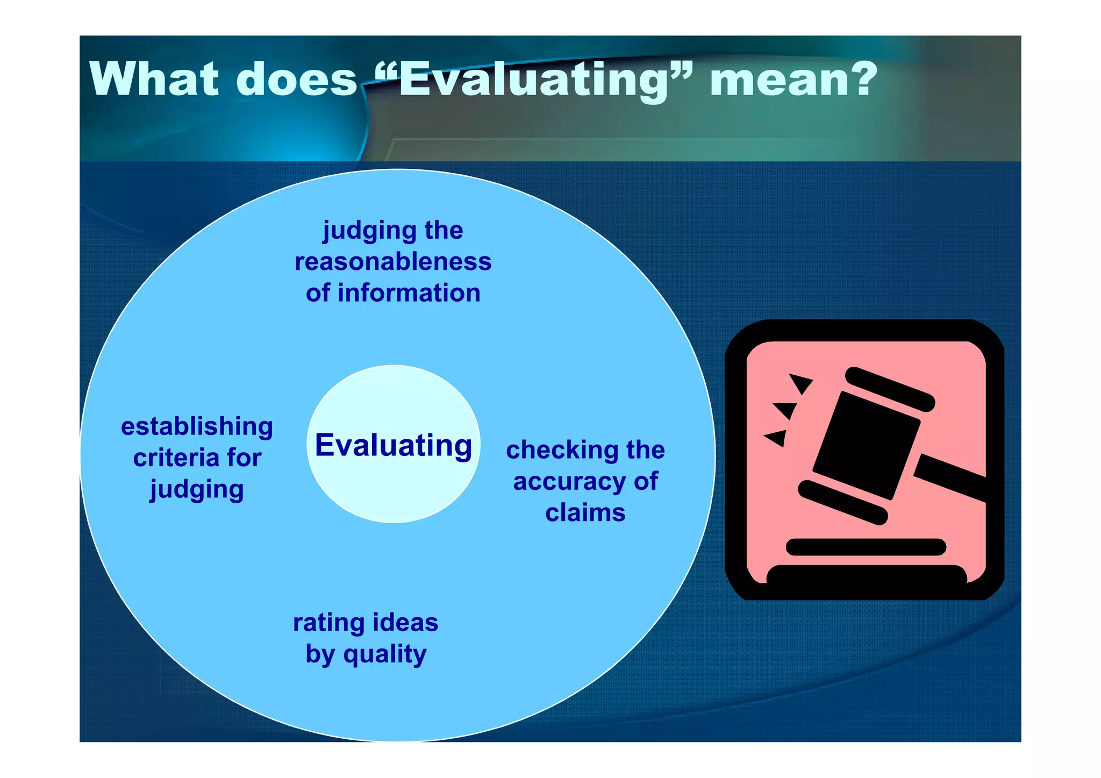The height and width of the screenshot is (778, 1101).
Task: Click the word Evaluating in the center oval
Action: [x=393, y=445]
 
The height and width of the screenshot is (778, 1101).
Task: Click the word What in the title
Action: [x=154, y=79]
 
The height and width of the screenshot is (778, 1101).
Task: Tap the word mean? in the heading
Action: [x=793, y=79]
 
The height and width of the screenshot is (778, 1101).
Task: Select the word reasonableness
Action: [x=393, y=262]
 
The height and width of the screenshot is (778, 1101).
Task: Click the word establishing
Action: [x=197, y=426]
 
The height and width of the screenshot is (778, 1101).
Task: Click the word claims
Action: [x=585, y=513]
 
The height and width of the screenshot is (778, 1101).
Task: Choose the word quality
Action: [x=385, y=654]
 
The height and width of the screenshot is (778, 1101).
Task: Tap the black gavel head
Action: [x=866, y=445]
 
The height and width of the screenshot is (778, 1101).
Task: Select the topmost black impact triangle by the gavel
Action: [x=799, y=382]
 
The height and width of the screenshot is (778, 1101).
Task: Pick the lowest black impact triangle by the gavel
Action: [x=777, y=438]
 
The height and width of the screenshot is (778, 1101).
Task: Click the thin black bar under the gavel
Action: [x=866, y=547]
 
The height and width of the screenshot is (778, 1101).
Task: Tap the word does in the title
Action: [x=296, y=79]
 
